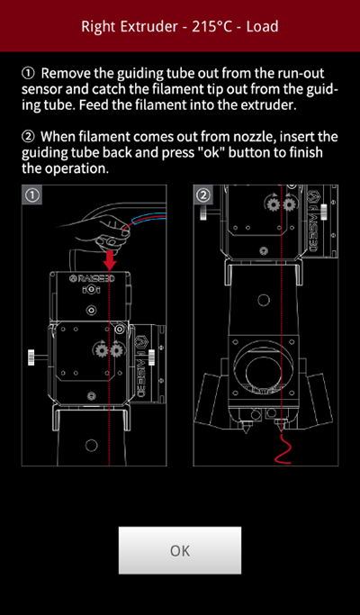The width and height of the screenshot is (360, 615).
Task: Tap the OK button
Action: tap(180, 550)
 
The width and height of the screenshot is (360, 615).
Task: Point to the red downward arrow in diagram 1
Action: tap(110, 260)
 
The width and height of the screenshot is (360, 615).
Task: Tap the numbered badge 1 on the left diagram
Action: tap(31, 195)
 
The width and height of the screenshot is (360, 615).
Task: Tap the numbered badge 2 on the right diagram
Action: tap(202, 195)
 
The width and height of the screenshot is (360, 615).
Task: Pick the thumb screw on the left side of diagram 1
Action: tap(31, 357)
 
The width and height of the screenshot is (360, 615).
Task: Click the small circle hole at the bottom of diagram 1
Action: tap(92, 445)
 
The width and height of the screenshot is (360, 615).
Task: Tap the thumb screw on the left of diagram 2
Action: tap(203, 213)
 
